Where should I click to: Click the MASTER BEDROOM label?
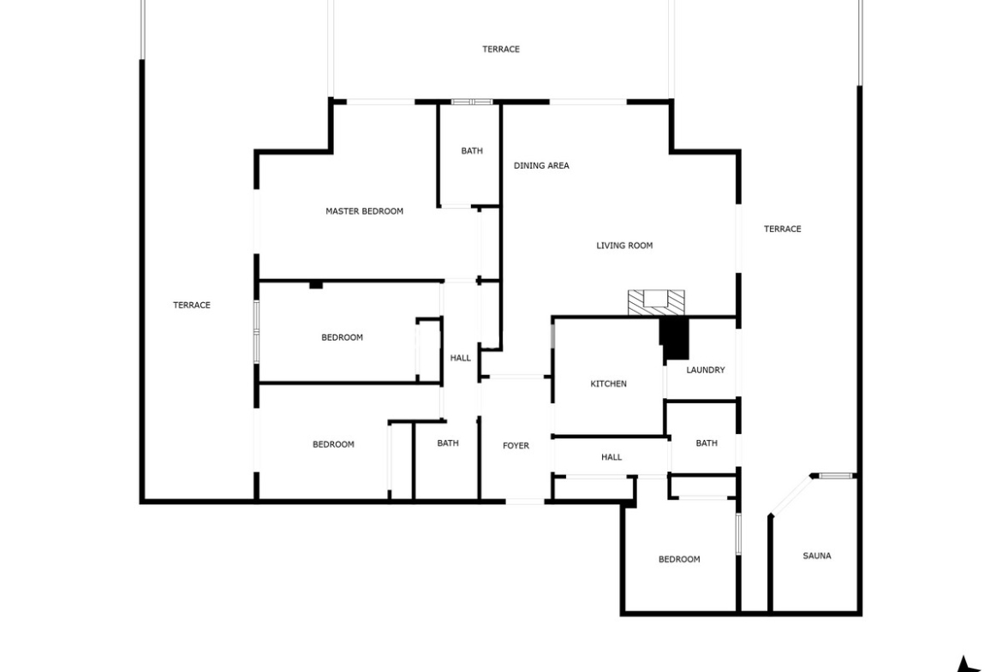tap(364, 211)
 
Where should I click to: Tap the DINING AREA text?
tap(541, 165)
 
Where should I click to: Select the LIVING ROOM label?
tap(624, 246)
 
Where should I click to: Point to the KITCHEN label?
tap(608, 384)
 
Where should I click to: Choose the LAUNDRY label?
tap(706, 370)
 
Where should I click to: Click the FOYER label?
tap(516, 446)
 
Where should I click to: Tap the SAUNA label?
tap(817, 556)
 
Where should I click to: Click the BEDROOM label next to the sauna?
tap(679, 560)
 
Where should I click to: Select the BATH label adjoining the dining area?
tap(472, 151)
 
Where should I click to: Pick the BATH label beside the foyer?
tap(448, 443)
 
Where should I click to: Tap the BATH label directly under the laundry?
tap(707, 443)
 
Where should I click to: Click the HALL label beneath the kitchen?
tap(611, 457)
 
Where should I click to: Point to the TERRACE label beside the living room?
tap(782, 229)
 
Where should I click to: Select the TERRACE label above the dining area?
tap(501, 49)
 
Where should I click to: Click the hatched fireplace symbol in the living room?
tap(656, 303)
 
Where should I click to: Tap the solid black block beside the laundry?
tap(676, 339)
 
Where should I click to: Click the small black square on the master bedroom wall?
tap(316, 285)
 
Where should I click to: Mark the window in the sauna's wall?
tap(837, 475)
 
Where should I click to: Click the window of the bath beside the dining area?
tap(472, 102)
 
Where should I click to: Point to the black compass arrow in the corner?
tap(970, 665)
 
